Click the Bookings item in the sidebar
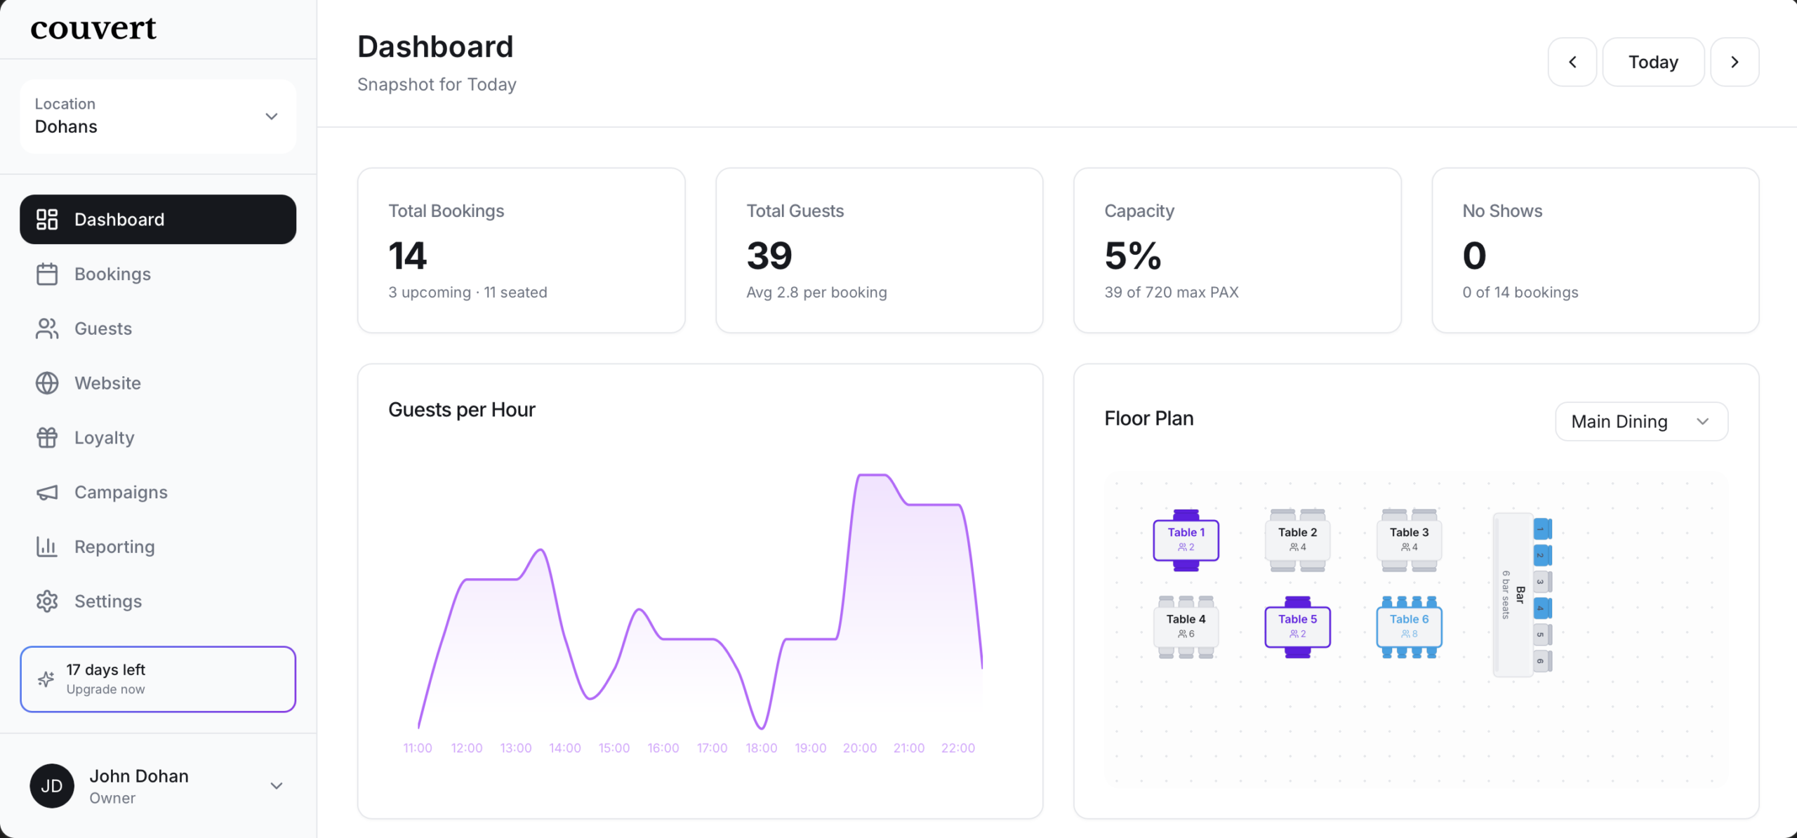[112, 274]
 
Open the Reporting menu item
[114, 547]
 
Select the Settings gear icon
[47, 601]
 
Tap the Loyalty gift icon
[47, 438]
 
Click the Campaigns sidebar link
[121, 493]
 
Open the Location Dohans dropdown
[158, 117]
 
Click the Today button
[1653, 62]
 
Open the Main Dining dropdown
[1641, 422]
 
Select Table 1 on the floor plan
[1186, 540]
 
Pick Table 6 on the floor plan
[1409, 626]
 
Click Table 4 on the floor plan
[1186, 626]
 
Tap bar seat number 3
[1541, 582]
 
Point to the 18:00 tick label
[762, 748]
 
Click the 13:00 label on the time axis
[516, 748]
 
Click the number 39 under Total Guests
[769, 255]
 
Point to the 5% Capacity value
[1133, 255]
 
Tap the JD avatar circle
[52, 786]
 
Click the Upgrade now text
[106, 689]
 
